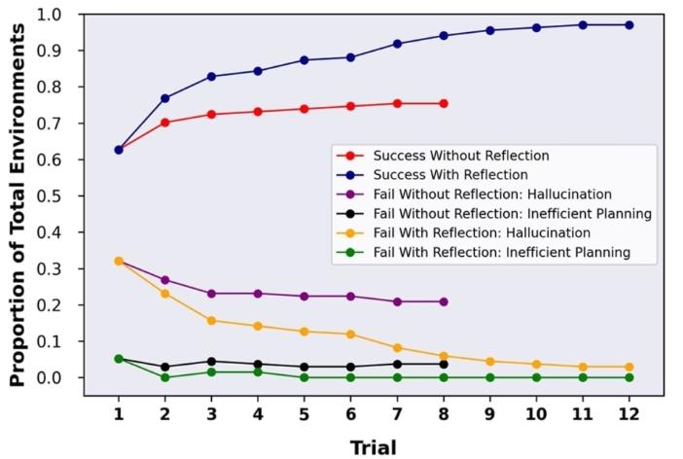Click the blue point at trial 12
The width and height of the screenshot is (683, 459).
pos(629,25)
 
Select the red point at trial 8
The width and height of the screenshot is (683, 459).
pos(444,103)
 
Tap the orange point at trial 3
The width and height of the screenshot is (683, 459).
pos(211,321)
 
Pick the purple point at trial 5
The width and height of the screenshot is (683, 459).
pos(305,297)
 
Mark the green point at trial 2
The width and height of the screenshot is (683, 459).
pos(164,377)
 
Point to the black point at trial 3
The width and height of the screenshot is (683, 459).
pos(211,362)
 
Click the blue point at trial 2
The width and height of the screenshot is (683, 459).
pos(164,98)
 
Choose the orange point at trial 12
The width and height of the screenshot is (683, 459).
pos(629,367)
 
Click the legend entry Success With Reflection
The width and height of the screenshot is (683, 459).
pos(448,175)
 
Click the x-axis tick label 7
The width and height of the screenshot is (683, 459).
pos(397,413)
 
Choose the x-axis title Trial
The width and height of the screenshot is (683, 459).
pos(374,446)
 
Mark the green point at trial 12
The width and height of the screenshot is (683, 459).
pos(629,377)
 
